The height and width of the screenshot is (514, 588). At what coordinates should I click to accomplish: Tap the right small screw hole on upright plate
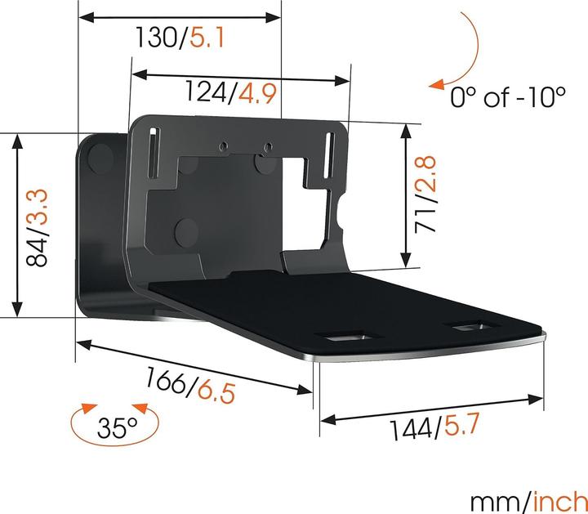coord(265,148)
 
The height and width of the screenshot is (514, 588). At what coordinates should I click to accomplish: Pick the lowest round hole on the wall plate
coord(187,228)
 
